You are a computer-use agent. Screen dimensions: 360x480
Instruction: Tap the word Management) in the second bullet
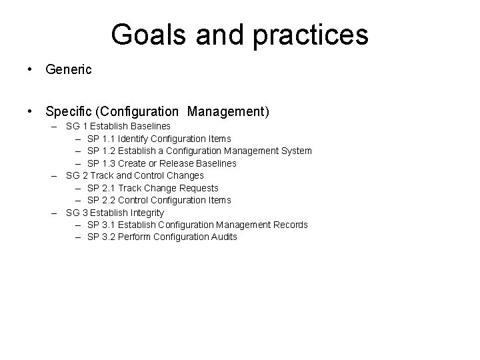coord(228,111)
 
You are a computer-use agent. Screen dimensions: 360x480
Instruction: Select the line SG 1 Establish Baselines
coord(118,126)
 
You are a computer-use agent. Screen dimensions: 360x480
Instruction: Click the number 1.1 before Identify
coord(110,139)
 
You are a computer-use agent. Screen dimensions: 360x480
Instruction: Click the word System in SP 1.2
coord(296,151)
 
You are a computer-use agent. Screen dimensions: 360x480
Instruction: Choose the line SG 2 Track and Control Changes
coord(135,175)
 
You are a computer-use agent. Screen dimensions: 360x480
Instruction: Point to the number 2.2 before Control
coord(110,200)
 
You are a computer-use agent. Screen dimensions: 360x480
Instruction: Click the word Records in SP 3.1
coord(291,225)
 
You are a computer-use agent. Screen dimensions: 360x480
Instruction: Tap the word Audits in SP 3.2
coord(223,237)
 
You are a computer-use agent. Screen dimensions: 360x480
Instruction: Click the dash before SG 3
coord(53,213)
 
